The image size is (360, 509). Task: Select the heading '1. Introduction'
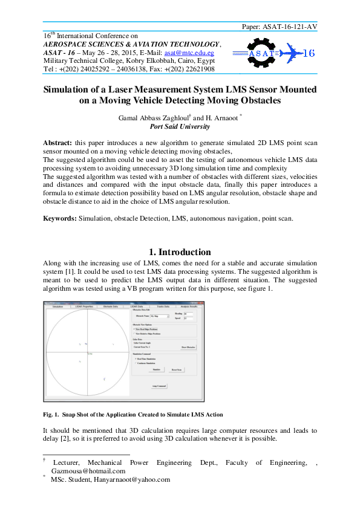(x=180, y=252)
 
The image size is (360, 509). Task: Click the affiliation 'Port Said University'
(x=180, y=127)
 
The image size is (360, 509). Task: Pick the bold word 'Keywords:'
(x=60, y=218)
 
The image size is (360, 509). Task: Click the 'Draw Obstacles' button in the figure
(x=188, y=348)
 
